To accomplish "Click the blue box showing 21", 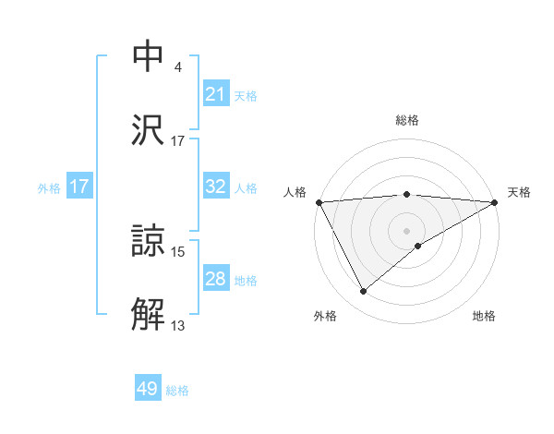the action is point(215,94).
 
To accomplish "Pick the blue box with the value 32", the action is point(215,187).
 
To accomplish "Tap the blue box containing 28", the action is point(215,279).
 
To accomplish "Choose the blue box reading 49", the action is point(148,389).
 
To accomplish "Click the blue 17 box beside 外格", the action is point(79,187).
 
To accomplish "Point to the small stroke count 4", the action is point(178,67).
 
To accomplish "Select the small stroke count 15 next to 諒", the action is point(178,251).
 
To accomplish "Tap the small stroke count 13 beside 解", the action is point(178,324).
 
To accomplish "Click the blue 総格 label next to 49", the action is point(177,391).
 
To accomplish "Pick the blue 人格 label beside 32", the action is point(246,187).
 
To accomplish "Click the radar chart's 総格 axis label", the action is point(406,120).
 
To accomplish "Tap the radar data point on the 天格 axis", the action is point(495,201).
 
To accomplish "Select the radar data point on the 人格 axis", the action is point(319,201).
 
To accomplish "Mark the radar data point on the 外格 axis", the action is point(363,292).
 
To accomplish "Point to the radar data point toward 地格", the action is point(418,246).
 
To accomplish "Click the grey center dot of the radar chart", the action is point(406,230).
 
